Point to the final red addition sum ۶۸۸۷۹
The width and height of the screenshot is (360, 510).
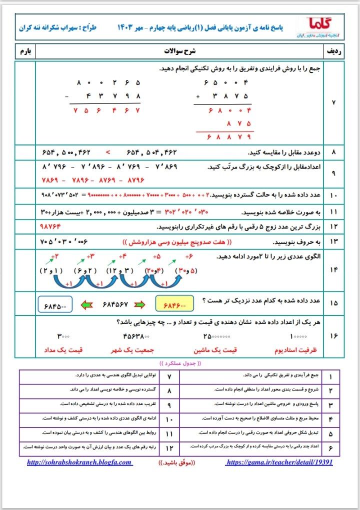[x=225, y=136]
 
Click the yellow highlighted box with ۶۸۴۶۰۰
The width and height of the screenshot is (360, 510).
[x=171, y=303]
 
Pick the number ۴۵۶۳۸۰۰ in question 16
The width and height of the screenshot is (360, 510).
[x=137, y=336]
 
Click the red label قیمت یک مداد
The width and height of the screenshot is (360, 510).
[x=64, y=350]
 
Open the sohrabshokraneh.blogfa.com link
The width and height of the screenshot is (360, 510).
[x=80, y=462]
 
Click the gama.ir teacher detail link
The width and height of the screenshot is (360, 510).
[x=279, y=462]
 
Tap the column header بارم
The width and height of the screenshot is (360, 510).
[x=25, y=51]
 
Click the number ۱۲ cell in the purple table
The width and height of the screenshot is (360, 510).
[x=169, y=446]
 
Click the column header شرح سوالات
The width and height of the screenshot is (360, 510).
[x=180, y=51]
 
